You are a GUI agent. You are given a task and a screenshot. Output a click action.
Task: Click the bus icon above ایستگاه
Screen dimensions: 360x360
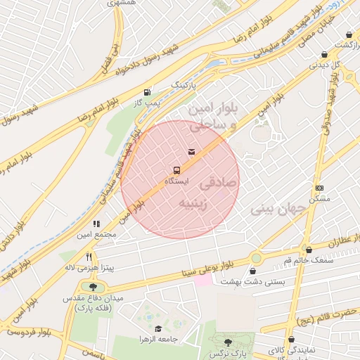pyautogui.click(x=176, y=170)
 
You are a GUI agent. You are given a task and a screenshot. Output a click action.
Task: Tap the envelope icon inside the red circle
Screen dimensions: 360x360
pyautogui.click(x=192, y=153)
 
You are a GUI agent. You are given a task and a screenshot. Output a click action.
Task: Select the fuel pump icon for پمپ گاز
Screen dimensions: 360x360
pyautogui.click(x=147, y=92)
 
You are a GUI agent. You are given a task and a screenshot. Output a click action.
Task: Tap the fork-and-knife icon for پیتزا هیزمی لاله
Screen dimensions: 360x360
pyautogui.click(x=89, y=257)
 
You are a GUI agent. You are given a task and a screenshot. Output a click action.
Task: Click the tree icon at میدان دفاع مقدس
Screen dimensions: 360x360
pyautogui.click(x=93, y=286)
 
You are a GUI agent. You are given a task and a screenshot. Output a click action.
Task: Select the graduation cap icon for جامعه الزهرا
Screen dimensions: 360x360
pyautogui.click(x=158, y=328)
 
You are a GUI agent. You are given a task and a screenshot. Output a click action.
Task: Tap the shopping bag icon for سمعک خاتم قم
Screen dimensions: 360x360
pyautogui.click(x=309, y=249)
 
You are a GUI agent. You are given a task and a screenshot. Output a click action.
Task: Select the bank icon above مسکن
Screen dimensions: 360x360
pyautogui.click(x=319, y=188)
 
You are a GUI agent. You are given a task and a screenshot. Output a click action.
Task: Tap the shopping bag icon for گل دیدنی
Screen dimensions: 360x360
pyautogui.click(x=324, y=54)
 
